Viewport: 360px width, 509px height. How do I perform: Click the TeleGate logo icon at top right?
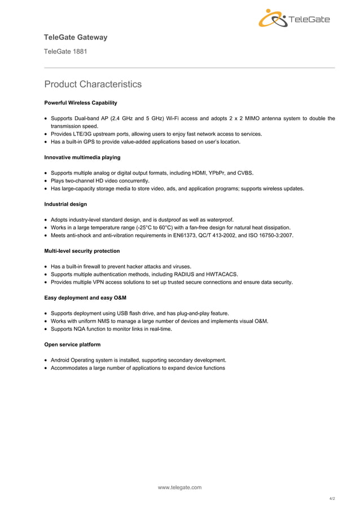coord(273,19)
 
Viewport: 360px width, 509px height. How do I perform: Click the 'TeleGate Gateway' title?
coord(76,37)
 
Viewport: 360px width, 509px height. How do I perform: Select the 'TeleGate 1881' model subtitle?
coord(65,52)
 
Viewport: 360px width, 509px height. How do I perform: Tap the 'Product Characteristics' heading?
coord(93,85)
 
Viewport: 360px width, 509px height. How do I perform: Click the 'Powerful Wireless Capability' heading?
coord(81,103)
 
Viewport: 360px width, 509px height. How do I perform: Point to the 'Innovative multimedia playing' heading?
coord(82,157)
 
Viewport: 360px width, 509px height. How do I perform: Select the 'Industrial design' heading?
coord(65,204)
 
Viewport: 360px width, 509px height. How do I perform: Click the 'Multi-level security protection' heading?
coord(82,251)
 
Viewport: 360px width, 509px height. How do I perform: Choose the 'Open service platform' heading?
coord(72,344)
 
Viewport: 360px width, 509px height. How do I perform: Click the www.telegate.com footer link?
coord(179,487)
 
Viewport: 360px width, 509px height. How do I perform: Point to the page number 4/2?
coord(332,499)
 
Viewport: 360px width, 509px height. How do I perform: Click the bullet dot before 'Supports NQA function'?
coord(46,329)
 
